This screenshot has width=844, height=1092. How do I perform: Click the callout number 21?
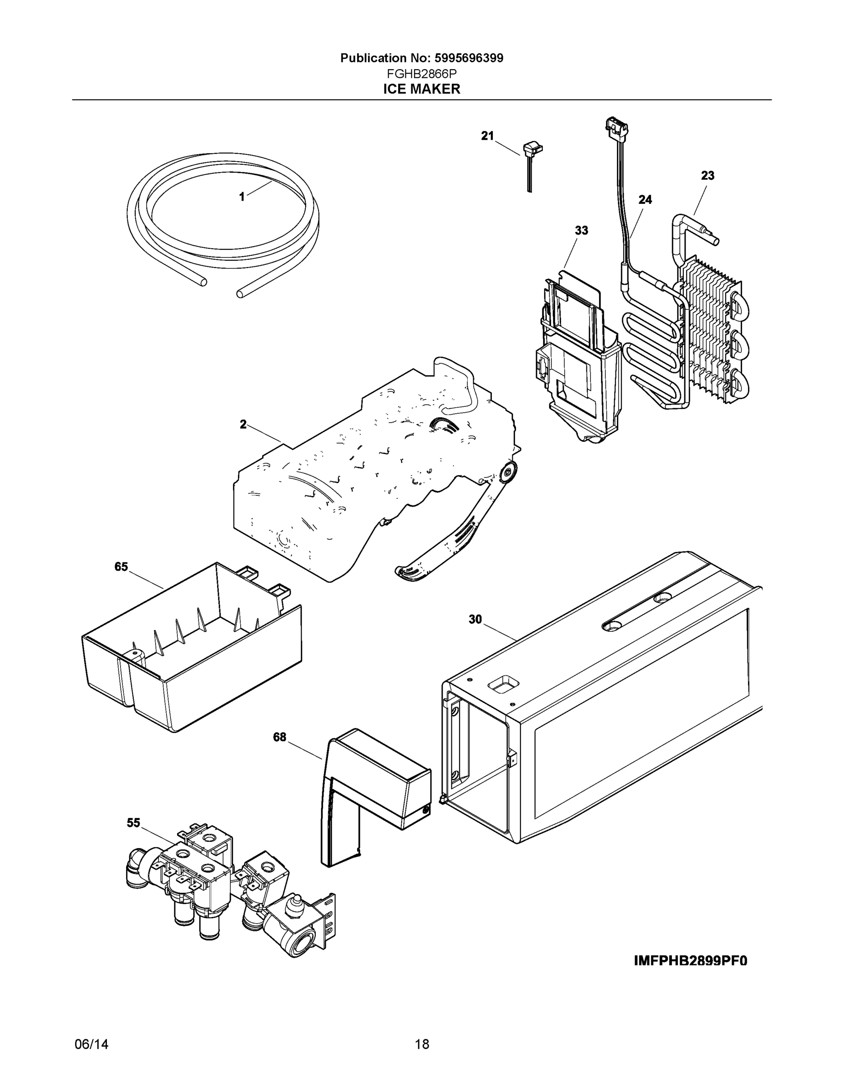point(487,136)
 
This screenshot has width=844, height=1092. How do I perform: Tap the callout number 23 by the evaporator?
point(708,176)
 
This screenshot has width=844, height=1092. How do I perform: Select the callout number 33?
point(581,231)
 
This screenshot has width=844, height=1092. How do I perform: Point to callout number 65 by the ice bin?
point(121,566)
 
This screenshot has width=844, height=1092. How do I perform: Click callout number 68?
point(279,737)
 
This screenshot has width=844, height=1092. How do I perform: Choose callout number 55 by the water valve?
point(133,823)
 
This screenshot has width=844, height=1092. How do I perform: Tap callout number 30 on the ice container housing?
point(475,620)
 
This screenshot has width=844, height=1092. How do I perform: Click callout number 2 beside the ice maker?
point(243,425)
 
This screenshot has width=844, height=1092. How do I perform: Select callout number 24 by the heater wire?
point(645,199)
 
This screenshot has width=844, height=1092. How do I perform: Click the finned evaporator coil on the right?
point(710,330)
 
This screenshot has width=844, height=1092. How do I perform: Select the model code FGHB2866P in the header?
point(421,74)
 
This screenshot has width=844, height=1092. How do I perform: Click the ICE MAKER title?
point(421,89)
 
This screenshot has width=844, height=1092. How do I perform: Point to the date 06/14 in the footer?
point(91,1045)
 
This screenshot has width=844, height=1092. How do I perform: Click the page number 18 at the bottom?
point(421,1045)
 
